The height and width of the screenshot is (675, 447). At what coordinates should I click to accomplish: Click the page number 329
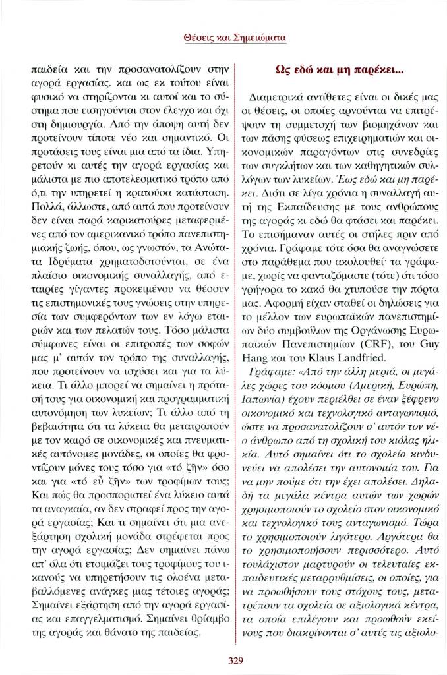pos(223,660)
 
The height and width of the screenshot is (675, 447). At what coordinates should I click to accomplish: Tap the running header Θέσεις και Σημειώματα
pos(223,39)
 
